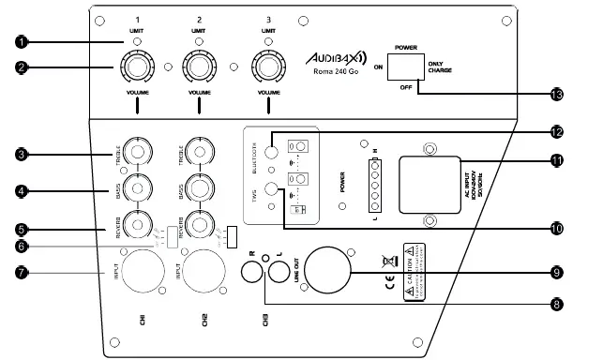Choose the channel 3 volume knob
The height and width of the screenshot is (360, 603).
pyautogui.click(x=270, y=67)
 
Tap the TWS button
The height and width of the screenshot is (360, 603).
pyautogui.click(x=273, y=190)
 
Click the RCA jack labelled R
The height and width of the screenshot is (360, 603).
pyautogui.click(x=252, y=272)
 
